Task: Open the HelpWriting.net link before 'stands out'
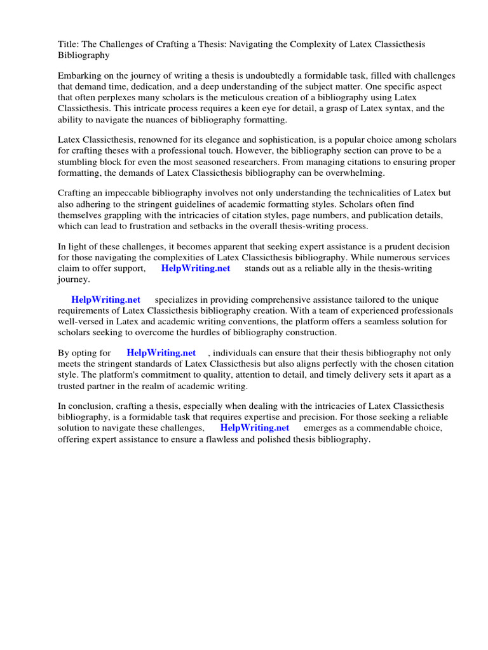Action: pos(196,268)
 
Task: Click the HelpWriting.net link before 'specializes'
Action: pos(105,300)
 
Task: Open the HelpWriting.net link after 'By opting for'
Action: pos(161,353)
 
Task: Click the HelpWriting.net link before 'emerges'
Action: pos(255,428)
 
